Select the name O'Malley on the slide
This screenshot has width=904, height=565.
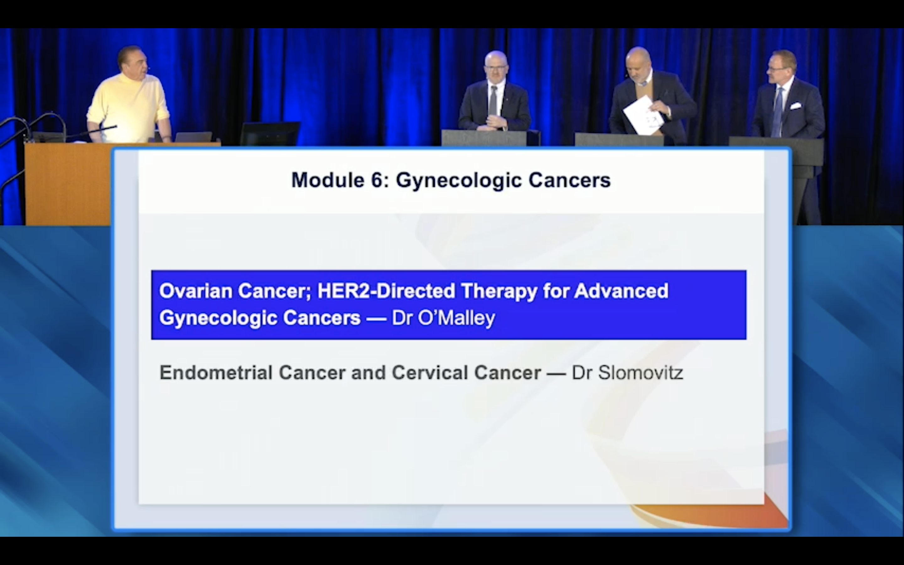456,318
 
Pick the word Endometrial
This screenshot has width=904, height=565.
216,373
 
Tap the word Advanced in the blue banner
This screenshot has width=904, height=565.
621,291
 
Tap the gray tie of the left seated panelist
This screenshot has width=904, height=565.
493,100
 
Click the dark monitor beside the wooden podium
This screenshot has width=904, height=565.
270,133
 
